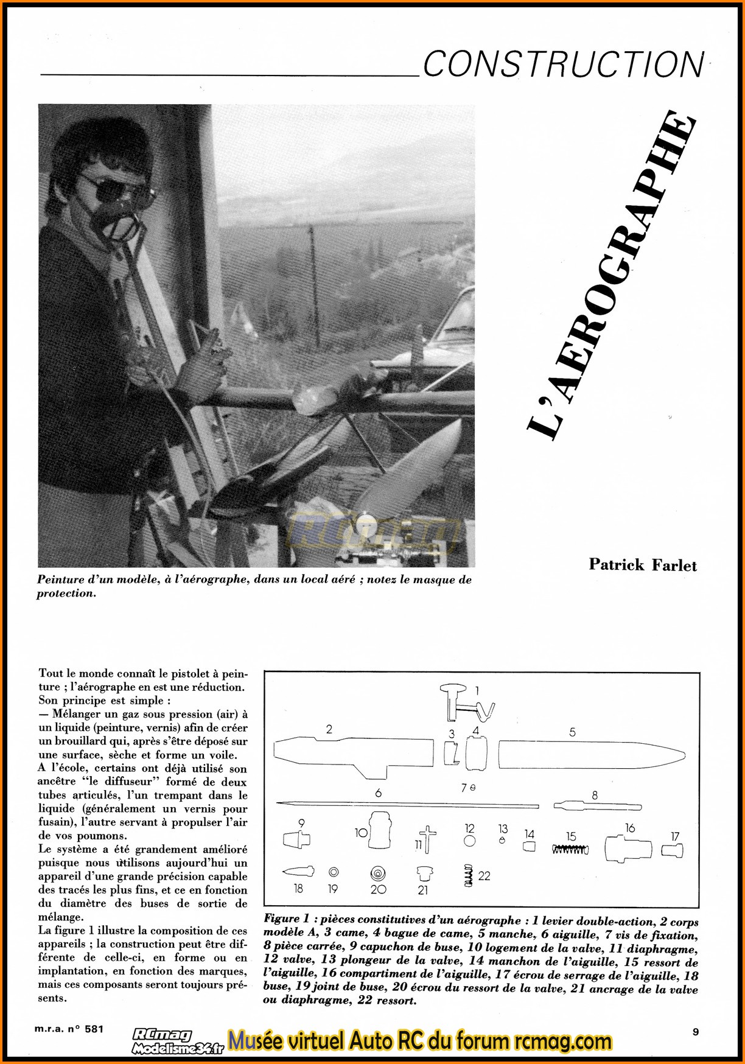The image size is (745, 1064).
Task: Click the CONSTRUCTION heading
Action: (563, 65)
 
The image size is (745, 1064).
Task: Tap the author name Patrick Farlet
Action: (642, 565)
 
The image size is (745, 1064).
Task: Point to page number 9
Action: (696, 1032)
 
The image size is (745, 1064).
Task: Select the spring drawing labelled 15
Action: (570, 849)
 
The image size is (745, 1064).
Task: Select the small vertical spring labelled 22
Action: (469, 875)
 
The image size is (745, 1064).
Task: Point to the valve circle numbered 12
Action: (469, 841)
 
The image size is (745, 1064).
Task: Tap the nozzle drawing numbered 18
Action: (298, 872)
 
